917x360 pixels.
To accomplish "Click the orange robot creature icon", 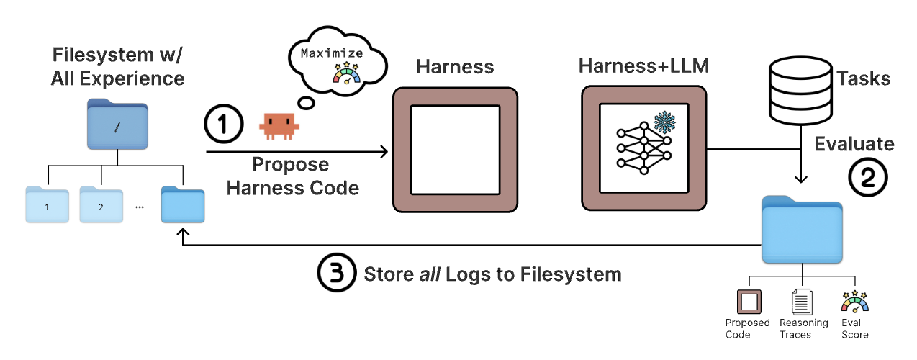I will [x=278, y=125].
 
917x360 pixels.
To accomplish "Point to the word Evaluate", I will [x=854, y=143].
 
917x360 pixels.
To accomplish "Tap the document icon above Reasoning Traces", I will [x=802, y=302].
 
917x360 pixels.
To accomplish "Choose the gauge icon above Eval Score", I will [x=854, y=302].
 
